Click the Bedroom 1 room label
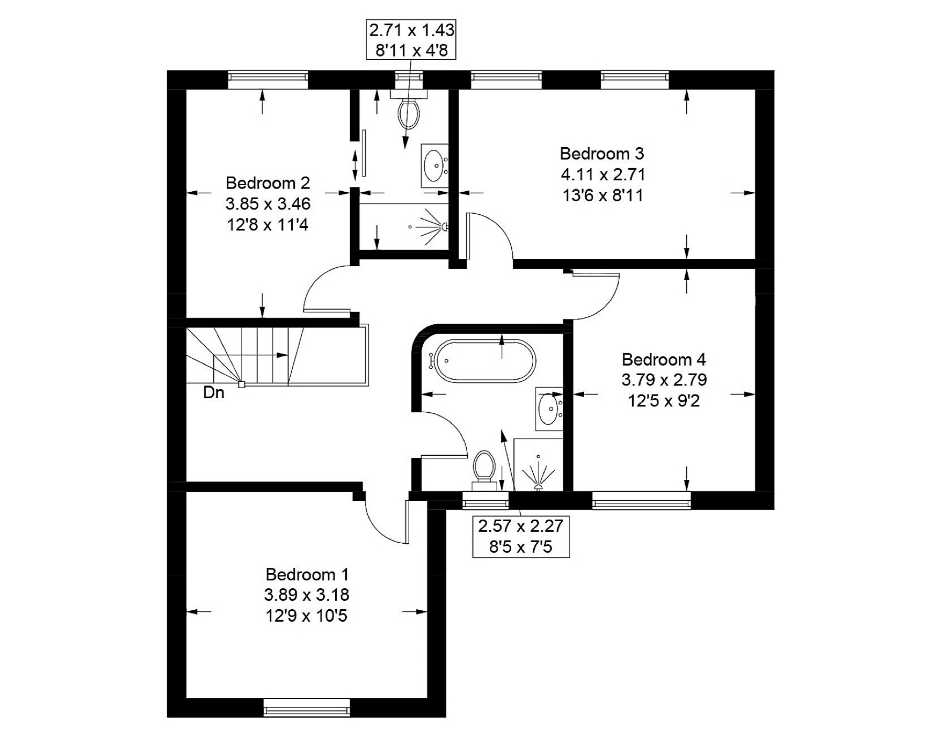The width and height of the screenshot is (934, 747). [307, 575]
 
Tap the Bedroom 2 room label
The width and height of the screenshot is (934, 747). [268, 183]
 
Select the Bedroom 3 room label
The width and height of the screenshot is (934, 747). [602, 153]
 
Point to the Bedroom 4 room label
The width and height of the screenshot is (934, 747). [664, 359]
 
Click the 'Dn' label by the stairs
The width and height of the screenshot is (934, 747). [214, 393]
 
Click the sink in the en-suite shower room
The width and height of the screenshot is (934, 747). [434, 165]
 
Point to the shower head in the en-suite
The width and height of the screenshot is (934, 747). [444, 227]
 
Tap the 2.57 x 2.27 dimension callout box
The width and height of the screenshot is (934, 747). [521, 536]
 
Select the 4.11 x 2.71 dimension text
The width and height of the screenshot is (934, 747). [603, 174]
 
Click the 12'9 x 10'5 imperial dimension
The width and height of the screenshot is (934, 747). [306, 616]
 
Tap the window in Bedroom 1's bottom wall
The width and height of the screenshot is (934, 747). [306, 708]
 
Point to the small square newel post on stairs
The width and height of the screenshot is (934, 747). [241, 385]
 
